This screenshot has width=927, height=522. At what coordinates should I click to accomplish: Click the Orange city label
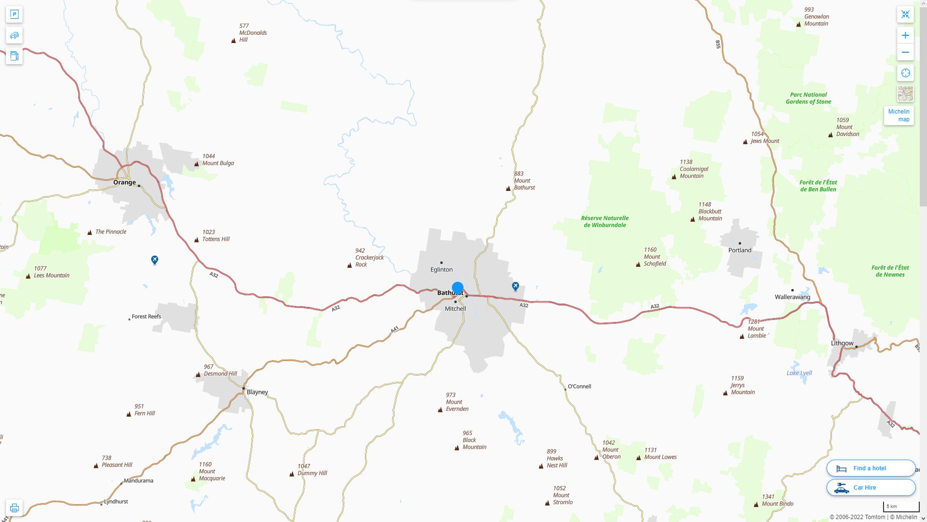125,182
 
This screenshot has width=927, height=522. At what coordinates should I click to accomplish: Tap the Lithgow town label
842,343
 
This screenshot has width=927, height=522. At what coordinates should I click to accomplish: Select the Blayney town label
257,392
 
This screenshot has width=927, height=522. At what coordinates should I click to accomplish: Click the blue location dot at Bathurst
458,288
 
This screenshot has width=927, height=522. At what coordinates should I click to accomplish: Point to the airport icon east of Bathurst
515,286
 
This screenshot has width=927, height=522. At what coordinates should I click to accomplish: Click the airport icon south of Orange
154,260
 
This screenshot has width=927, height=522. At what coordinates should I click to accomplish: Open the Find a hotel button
871,468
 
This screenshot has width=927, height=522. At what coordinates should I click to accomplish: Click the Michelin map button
899,116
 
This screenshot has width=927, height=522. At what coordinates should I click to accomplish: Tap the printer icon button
14,507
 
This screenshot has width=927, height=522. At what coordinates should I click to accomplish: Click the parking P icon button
14,14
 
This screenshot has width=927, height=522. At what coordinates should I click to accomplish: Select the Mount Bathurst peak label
524,181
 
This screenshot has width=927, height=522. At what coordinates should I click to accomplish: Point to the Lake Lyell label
799,373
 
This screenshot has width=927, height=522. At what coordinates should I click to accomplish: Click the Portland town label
740,250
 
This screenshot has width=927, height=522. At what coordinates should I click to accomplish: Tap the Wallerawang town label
792,297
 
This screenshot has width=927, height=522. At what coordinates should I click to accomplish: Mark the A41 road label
394,330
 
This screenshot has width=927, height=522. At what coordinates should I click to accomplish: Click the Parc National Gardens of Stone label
808,98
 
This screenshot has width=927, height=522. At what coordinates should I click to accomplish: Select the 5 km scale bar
901,507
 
